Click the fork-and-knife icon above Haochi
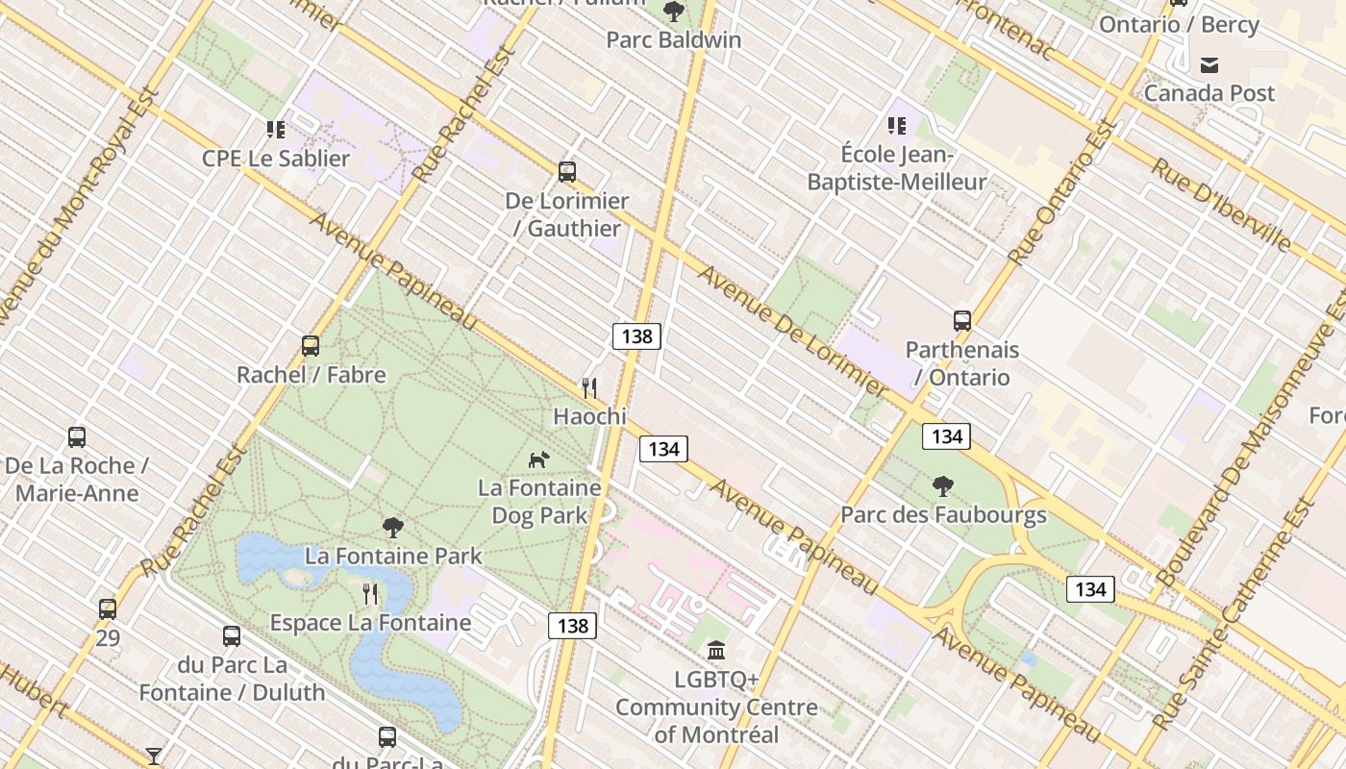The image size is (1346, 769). point(589,387)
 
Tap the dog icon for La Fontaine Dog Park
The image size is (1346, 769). point(539,459)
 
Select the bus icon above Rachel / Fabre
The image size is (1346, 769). point(311,346)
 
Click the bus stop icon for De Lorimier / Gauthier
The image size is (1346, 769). point(567,172)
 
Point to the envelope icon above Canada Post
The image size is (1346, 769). point(1209,65)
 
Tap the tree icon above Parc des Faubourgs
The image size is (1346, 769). point(943,486)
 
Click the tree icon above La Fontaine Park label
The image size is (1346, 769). point(392,527)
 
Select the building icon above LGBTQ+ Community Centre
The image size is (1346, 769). point(716,651)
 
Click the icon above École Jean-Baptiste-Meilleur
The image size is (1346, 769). point(897,126)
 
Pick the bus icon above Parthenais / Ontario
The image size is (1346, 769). point(962,321)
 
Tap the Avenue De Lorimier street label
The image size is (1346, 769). point(794,332)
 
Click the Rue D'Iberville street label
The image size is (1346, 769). point(1221,205)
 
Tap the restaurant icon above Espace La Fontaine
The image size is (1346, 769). point(370,594)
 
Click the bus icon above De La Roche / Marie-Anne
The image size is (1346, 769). point(77,437)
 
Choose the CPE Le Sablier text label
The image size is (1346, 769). point(276,159)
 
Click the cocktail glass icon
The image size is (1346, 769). point(154,757)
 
